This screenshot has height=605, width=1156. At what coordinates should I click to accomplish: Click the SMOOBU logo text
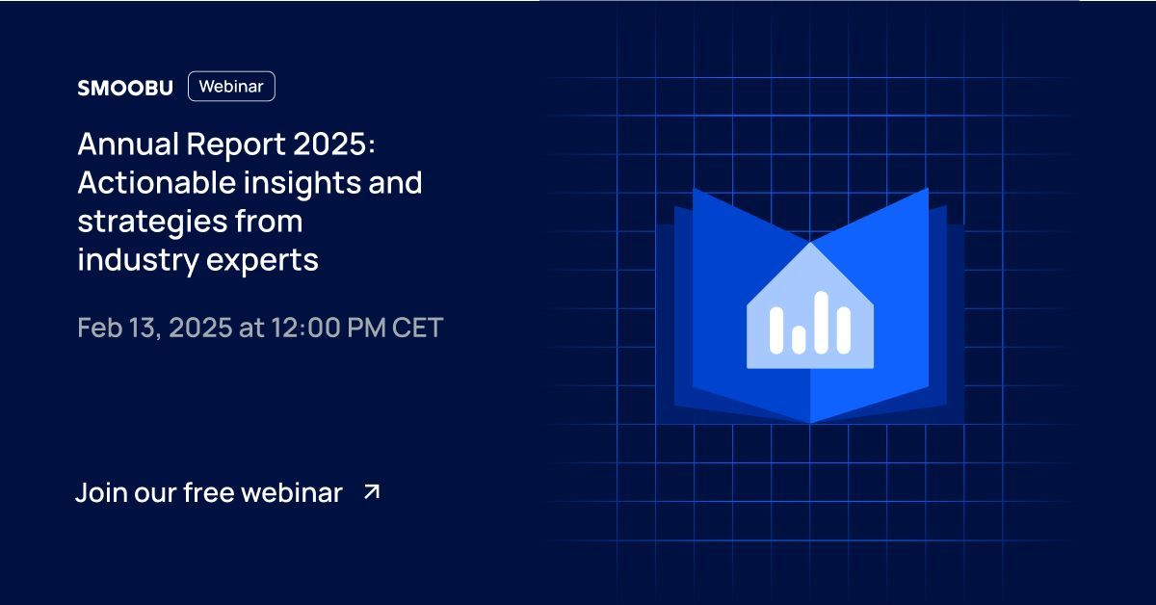pos(124,88)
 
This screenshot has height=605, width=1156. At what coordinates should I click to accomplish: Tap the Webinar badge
pos(231,87)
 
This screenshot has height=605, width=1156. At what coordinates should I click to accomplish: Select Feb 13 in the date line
pos(114,328)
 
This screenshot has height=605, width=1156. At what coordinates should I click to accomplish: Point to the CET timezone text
pos(417,328)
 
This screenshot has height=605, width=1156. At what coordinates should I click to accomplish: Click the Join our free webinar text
pos(209,493)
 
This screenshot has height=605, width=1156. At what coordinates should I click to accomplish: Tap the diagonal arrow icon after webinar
pos(372,492)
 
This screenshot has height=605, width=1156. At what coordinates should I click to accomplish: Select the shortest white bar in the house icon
pos(798,337)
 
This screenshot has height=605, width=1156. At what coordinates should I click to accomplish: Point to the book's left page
pos(732,366)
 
